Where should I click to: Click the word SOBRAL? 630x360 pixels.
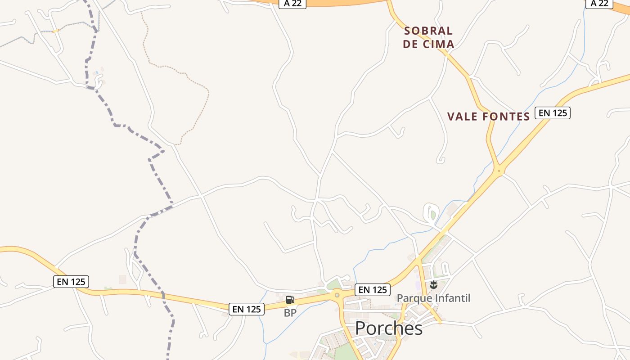click(428, 31)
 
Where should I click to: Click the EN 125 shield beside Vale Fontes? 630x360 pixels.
click(552, 113)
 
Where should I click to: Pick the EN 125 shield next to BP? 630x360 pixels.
click(247, 309)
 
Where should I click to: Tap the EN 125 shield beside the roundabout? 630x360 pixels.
click(372, 290)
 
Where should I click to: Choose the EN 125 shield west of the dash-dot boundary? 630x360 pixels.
click(71, 282)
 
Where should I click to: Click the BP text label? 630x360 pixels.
click(290, 313)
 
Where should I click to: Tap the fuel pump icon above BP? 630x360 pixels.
click(290, 300)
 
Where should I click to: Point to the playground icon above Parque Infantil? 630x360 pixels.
click(433, 284)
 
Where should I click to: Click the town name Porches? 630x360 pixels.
click(389, 328)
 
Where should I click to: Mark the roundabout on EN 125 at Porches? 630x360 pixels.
click(337, 295)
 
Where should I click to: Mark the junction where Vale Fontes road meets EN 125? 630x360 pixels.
click(499, 171)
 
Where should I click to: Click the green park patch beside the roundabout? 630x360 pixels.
click(333, 284)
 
